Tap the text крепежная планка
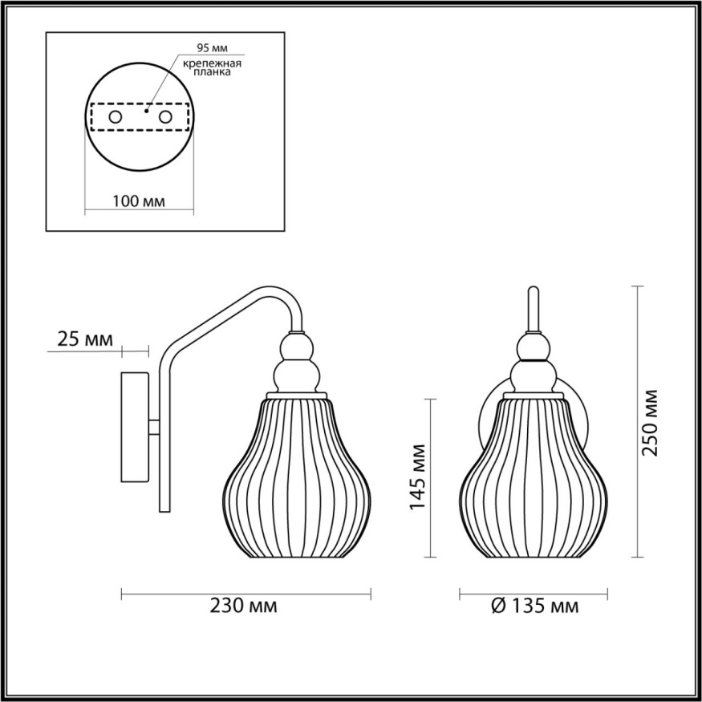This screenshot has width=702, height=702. click(x=213, y=67)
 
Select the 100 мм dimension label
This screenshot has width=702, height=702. click(x=139, y=201)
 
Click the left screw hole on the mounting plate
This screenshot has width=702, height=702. click(x=115, y=117)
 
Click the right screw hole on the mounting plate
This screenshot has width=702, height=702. click(x=166, y=117)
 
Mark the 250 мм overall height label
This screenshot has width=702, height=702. click(x=651, y=422)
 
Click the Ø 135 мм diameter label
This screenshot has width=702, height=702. click(x=533, y=606)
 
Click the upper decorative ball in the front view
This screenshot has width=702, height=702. click(x=534, y=348)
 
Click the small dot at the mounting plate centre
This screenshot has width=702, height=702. click(x=146, y=113)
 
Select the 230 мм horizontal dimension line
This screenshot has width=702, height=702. click(x=245, y=594)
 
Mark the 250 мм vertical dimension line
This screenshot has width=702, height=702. click(x=638, y=421)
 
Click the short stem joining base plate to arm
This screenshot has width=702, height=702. click(x=154, y=428)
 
